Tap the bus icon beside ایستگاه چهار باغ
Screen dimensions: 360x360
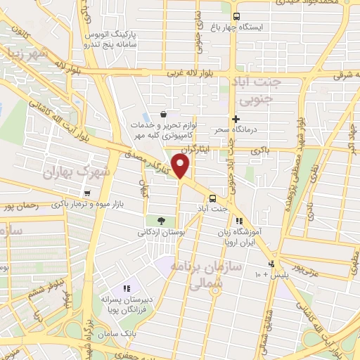click(x=236, y=15)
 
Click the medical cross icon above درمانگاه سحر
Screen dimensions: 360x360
click(x=236, y=120)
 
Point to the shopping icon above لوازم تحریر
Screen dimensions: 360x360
click(x=163, y=115)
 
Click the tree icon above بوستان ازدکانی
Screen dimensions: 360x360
click(x=161, y=221)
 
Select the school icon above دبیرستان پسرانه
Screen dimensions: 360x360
click(x=127, y=288)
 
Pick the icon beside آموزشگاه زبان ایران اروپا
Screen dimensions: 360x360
click(x=240, y=221)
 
